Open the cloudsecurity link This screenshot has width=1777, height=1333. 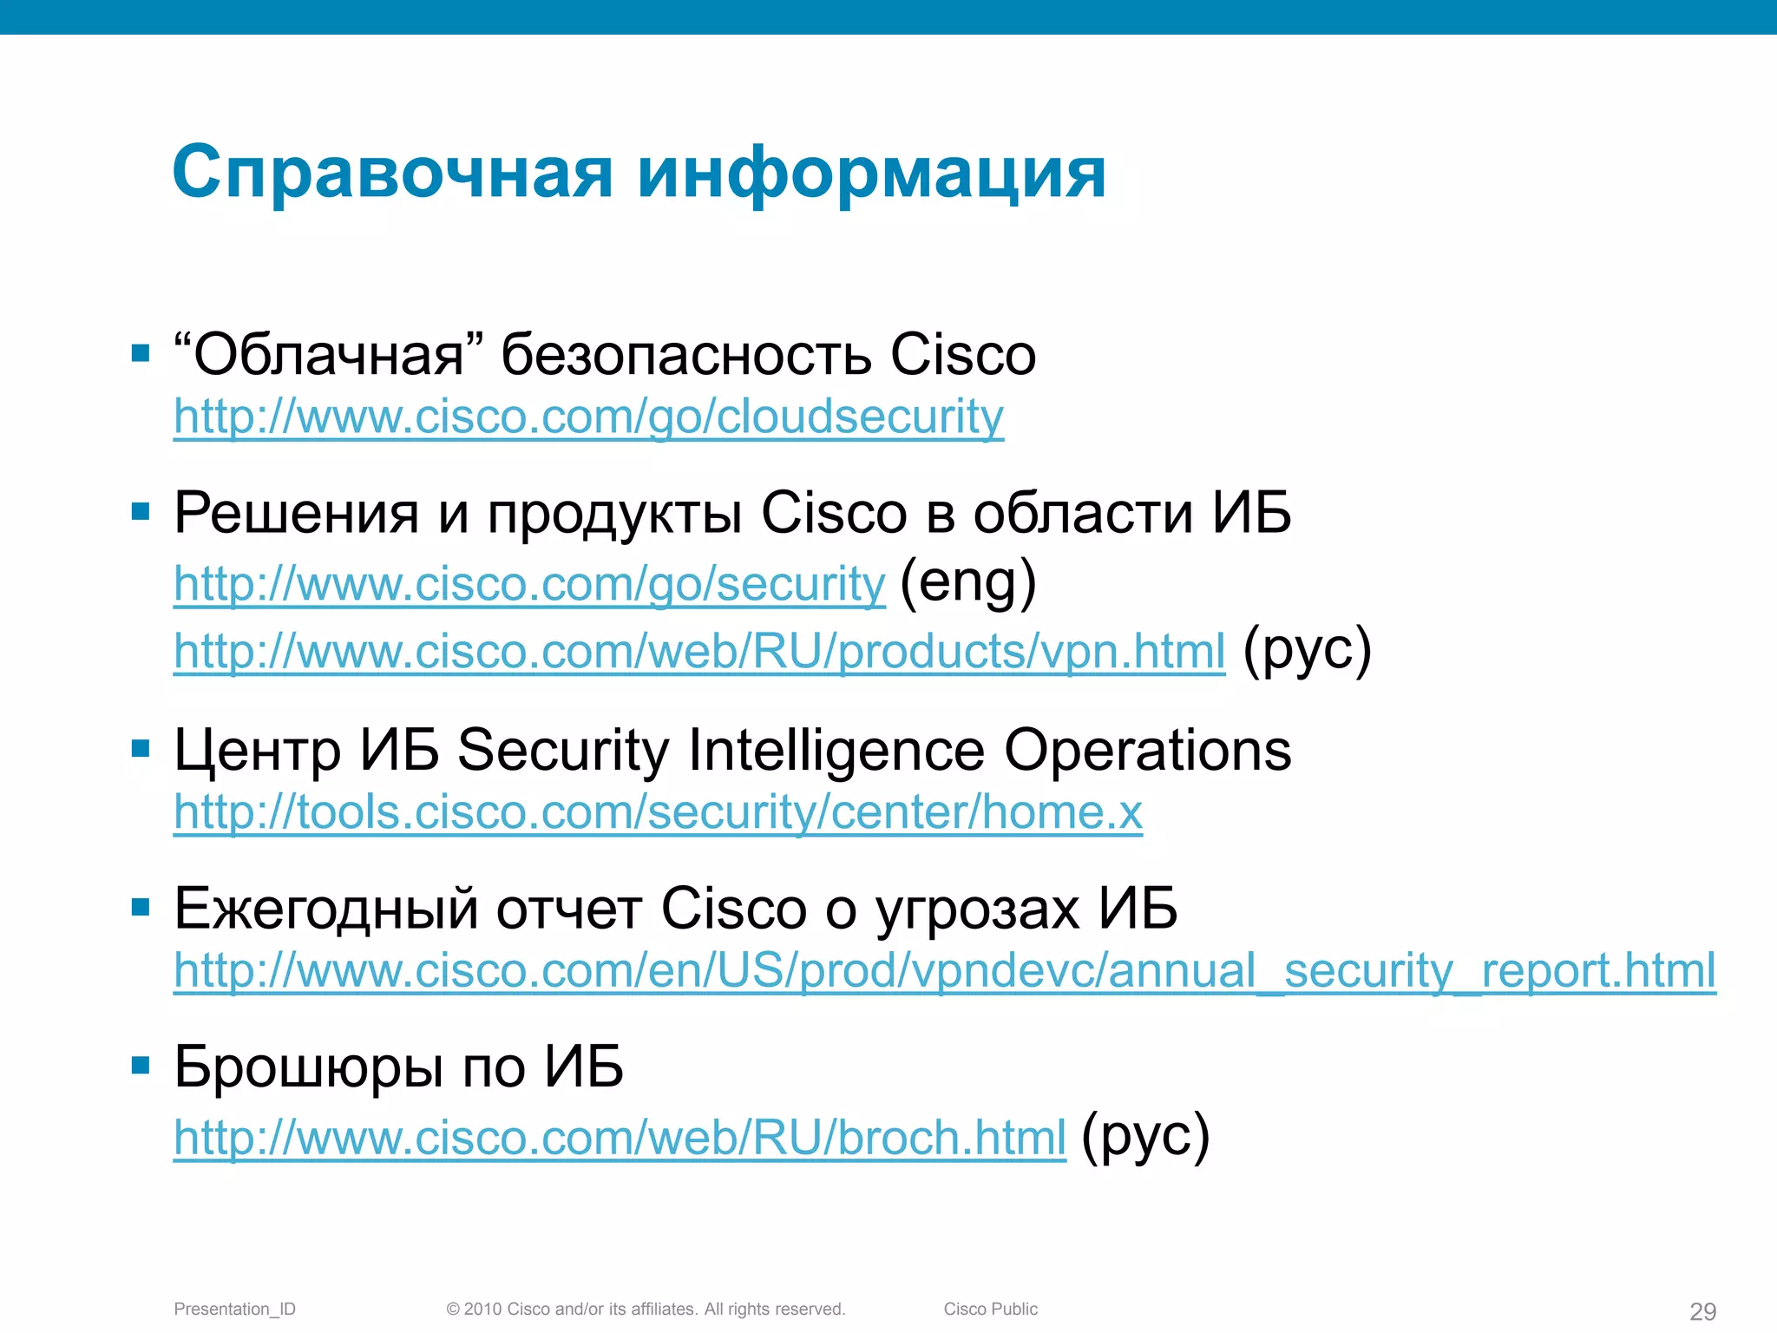tap(588, 417)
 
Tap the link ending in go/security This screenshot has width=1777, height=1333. tap(529, 583)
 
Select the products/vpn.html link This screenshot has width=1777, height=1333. tap(699, 651)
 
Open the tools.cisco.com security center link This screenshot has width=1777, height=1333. tap(658, 812)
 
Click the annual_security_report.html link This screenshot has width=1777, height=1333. tap(944, 970)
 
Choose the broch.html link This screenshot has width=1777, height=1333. tap(620, 1137)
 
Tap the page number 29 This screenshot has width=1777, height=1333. tap(1702, 1311)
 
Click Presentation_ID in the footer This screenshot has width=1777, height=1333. tap(234, 1309)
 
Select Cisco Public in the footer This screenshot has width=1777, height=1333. tap(990, 1309)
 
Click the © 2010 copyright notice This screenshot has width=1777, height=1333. tap(646, 1309)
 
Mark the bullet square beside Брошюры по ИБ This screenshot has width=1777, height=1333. tap(141, 1065)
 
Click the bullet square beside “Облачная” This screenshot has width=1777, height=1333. tap(141, 353)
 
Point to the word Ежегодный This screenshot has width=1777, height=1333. tap(326, 909)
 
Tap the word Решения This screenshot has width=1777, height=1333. tap(297, 513)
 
